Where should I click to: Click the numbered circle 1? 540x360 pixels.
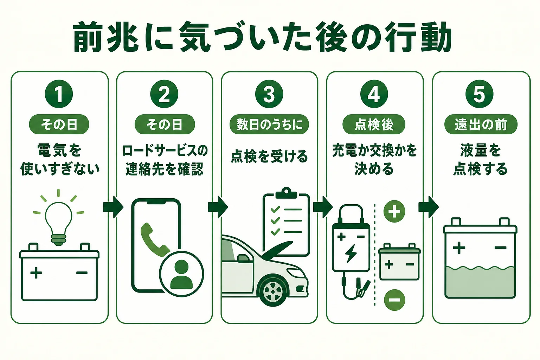coord(59,94)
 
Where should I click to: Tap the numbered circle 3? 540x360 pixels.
coord(269,94)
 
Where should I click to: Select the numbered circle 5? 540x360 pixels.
coord(479,94)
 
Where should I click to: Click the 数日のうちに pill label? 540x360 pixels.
coord(269,124)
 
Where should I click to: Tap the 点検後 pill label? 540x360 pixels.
coord(374,124)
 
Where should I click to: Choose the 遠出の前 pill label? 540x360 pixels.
coord(481,124)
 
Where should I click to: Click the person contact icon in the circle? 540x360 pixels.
coord(181,274)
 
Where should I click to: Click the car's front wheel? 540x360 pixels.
coord(273,292)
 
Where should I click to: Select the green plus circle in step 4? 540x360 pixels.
coord(394,212)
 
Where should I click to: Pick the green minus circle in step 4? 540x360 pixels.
coord(394,300)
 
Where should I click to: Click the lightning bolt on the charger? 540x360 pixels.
coord(351,253)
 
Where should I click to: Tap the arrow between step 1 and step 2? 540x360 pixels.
coord(113,207)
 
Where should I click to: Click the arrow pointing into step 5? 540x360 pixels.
coord(429,207)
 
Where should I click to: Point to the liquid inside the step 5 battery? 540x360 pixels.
coord(480,282)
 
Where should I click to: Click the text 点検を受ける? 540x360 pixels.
coord(269,156)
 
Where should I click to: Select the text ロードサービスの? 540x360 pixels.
coord(165,150)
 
